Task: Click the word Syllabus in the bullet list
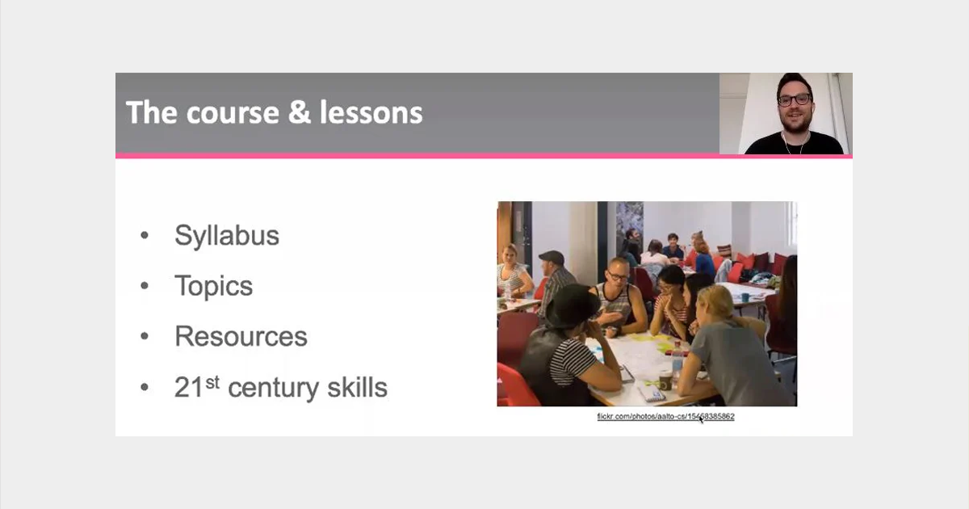(227, 236)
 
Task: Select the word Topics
(213, 287)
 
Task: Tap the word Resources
(241, 336)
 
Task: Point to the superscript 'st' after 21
(212, 382)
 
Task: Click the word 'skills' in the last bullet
(357, 387)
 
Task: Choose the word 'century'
(275, 389)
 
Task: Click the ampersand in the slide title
(300, 112)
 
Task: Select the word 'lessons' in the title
(371, 113)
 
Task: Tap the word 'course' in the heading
(233, 114)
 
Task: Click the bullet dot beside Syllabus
(145, 235)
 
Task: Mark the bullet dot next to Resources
(145, 336)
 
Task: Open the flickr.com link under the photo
(665, 416)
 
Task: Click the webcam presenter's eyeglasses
(795, 100)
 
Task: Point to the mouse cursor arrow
(701, 419)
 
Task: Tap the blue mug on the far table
(745, 297)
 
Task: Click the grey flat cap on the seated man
(552, 257)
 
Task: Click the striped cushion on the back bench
(724, 250)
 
